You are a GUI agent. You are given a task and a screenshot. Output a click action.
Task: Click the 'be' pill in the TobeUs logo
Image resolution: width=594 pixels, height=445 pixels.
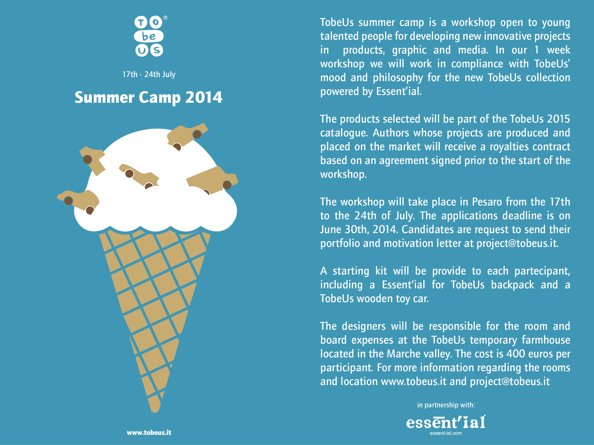149,36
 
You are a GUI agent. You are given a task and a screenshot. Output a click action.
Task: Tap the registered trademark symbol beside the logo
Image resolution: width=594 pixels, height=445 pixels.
165,18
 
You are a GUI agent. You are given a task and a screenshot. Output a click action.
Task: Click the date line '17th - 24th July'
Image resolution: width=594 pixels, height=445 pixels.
149,74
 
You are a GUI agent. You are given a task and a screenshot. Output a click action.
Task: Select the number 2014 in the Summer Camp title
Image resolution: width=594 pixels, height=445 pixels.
204,97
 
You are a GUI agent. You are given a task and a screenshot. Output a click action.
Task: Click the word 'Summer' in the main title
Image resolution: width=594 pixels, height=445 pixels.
104,97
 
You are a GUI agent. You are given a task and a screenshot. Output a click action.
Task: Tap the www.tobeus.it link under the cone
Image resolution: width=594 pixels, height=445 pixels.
149,432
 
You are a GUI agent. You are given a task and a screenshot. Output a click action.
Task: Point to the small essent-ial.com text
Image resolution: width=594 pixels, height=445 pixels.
446,433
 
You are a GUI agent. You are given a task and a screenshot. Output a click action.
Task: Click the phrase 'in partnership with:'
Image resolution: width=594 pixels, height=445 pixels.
446,405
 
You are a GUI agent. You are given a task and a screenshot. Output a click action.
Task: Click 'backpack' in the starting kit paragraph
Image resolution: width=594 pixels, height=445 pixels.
513,285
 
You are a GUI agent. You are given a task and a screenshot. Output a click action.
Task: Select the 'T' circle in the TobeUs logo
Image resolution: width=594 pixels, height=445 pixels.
141,22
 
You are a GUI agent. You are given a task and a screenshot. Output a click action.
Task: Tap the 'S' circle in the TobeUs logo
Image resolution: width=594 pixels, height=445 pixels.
157,50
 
